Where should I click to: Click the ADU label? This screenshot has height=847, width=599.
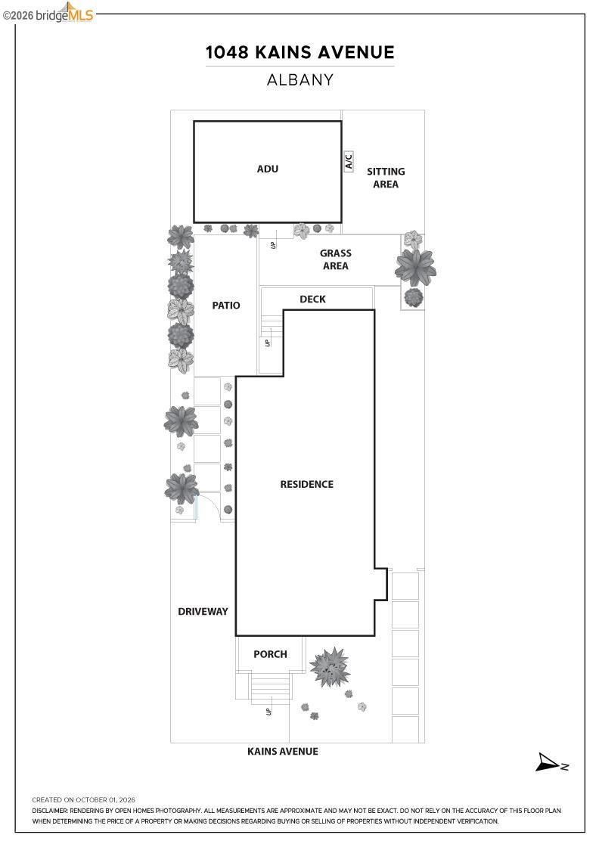click(x=268, y=169)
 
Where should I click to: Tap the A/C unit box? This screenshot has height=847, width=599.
click(x=349, y=162)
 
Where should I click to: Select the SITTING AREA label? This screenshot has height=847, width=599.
click(x=386, y=178)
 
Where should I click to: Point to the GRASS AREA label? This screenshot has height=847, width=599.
click(x=335, y=259)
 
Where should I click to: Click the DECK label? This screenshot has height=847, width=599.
click(x=312, y=299)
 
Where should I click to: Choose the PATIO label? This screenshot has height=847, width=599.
click(x=226, y=306)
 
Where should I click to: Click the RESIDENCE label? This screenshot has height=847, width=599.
click(x=307, y=485)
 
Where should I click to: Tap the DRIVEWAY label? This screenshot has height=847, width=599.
click(x=203, y=612)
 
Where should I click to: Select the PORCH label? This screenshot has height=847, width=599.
click(x=270, y=654)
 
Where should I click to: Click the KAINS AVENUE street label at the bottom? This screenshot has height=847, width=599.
click(x=283, y=752)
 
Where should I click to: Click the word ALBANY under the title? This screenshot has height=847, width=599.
click(x=299, y=80)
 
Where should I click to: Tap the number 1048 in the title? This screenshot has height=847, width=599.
click(x=227, y=52)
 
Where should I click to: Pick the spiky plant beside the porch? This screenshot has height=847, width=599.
click(x=330, y=666)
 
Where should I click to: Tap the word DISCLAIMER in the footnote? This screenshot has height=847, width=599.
click(x=50, y=811)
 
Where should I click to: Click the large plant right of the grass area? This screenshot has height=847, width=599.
click(x=414, y=268)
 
